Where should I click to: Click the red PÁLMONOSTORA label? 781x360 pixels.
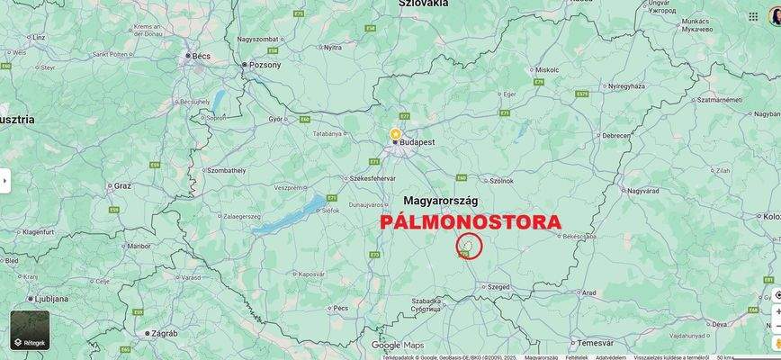point(471,221)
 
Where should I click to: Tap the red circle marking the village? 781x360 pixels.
point(470,246)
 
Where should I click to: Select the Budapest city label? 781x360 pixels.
point(417,142)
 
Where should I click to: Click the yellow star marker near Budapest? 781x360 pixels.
point(395,133)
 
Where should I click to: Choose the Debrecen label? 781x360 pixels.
point(616,135)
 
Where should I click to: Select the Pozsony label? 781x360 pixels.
point(265,65)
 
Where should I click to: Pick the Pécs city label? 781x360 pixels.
point(340,308)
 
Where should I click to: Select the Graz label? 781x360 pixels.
point(122,185)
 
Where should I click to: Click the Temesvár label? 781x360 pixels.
point(595,342)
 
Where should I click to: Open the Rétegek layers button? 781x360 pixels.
point(30,330)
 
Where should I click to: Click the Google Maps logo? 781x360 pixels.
point(397,345)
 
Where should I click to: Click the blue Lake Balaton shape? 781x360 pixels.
point(286,216)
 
